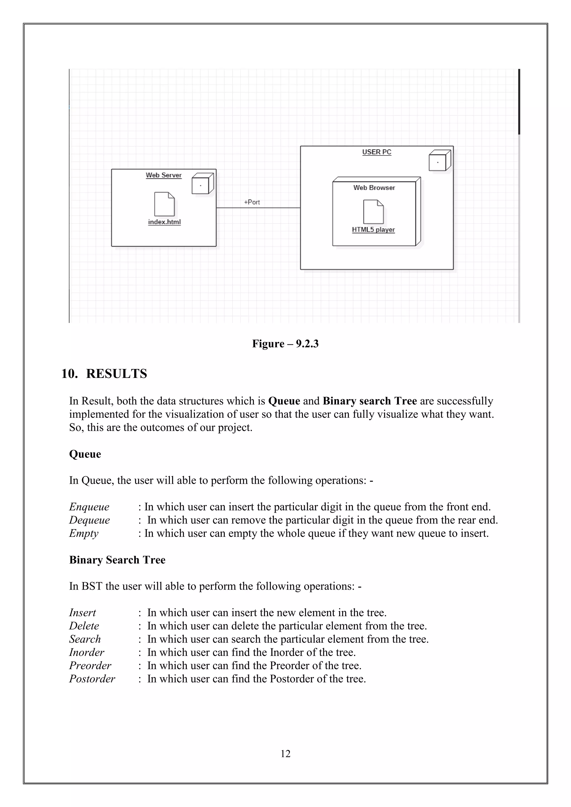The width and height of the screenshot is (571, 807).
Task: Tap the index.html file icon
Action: [x=164, y=204]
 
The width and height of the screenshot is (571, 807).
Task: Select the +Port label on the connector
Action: [x=252, y=202]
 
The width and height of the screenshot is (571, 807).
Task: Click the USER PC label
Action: [x=377, y=152]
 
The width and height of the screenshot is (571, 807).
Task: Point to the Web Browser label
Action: [x=374, y=188]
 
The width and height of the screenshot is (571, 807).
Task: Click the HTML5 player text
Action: [x=373, y=230]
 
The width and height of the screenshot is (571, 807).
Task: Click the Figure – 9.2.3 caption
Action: [x=285, y=343]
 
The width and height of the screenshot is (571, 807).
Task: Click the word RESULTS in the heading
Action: [x=116, y=373]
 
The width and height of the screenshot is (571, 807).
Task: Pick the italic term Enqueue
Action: [x=89, y=507]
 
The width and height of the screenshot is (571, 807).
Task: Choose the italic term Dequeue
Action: [x=89, y=520]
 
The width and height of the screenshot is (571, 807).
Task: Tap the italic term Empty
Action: [x=84, y=533]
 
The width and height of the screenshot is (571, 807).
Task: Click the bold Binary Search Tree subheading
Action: [x=117, y=560]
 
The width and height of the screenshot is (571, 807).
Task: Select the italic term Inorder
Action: [x=86, y=652]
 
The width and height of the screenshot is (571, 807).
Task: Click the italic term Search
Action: [x=85, y=639]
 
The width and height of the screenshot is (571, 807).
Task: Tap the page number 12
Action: [x=285, y=753]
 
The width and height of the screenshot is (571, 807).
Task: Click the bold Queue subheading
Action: [x=85, y=454]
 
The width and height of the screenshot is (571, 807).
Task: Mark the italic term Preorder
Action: [x=90, y=665]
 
